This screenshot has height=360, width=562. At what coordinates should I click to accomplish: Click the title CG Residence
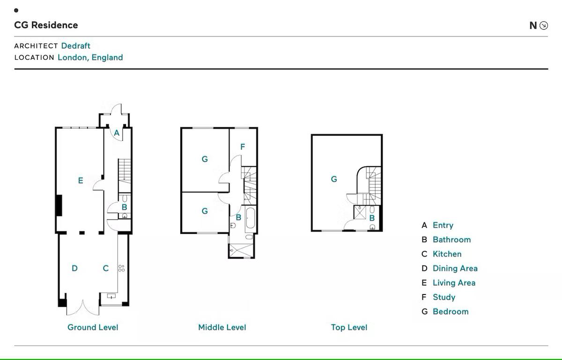click(46, 25)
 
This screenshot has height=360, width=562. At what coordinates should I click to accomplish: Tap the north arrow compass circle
click(544, 25)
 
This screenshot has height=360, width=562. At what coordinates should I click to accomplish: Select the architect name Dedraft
click(75, 46)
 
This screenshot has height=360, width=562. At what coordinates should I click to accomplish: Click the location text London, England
click(90, 58)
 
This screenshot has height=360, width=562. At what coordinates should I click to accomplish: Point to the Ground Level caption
click(93, 327)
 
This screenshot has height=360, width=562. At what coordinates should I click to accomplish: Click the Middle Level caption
click(222, 327)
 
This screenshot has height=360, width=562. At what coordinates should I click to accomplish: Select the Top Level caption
click(349, 327)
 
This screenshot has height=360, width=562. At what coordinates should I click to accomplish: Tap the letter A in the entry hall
click(117, 132)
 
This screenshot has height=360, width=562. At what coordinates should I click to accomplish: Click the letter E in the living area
click(81, 180)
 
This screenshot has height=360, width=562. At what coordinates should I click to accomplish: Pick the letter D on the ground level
click(74, 268)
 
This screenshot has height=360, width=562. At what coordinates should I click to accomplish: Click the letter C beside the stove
click(106, 268)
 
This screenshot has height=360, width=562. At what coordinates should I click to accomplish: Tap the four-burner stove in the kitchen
click(121, 268)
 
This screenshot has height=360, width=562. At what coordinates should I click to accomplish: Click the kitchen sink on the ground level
click(111, 296)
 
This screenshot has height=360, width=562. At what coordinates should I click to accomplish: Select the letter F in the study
click(243, 147)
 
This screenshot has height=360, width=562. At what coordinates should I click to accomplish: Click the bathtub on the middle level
click(251, 218)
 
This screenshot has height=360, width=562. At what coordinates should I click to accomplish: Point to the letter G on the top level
click(334, 179)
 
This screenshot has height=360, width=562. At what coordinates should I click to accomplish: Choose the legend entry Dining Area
click(455, 268)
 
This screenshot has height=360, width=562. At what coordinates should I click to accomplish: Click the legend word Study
click(444, 297)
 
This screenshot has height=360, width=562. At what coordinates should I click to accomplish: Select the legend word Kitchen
click(447, 254)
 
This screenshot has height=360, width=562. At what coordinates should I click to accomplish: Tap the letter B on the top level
click(372, 218)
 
